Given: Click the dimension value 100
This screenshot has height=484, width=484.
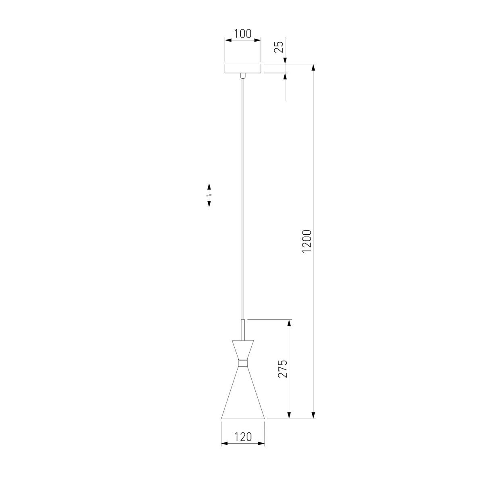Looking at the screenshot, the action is point(243,34).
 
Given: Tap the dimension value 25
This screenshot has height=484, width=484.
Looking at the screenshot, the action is point(279,47).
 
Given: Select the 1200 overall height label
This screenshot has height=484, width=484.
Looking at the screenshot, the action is point(307,241).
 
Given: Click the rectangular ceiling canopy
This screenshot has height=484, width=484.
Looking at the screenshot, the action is point(243,69).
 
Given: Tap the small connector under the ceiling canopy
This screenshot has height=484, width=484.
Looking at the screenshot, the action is point(243,75).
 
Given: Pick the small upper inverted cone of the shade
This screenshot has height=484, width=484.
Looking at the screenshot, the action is point(243,350).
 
